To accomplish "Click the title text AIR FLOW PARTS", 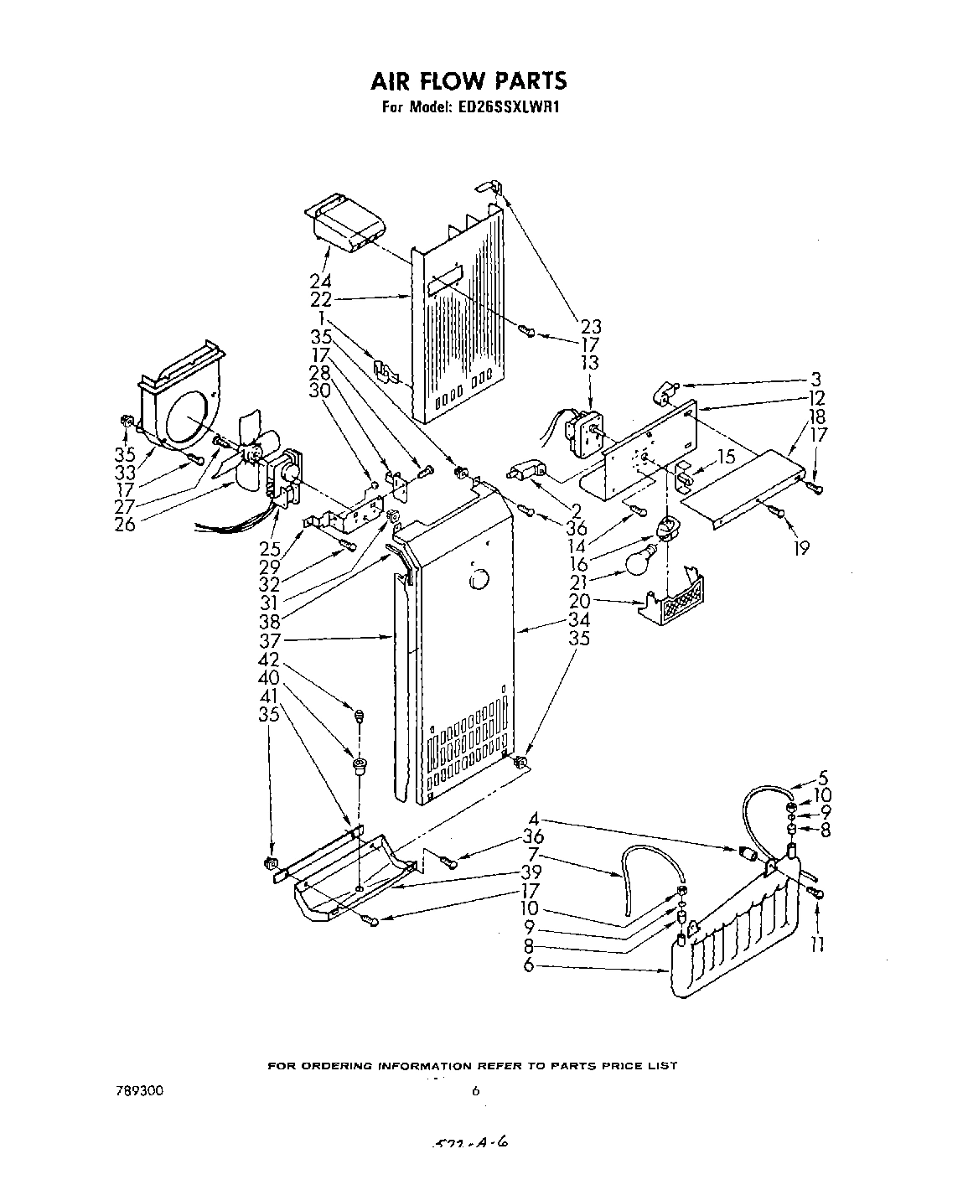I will coord(468,80).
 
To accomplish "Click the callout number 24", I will coord(320,282).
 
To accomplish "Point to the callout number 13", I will coord(589,362).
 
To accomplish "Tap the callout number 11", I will coord(818,944).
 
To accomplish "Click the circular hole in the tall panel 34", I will coord(479,579).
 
